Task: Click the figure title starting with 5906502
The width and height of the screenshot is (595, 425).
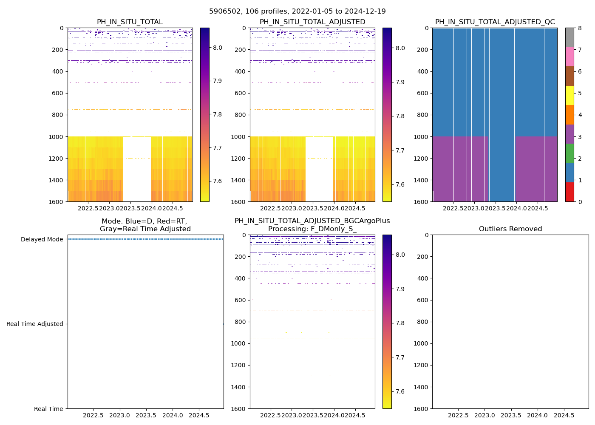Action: (x=297, y=11)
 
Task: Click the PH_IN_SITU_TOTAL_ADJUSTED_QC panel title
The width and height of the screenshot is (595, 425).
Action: (x=495, y=22)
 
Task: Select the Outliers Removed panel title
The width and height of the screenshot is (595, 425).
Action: (x=510, y=229)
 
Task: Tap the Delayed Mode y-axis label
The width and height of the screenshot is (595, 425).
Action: (x=42, y=239)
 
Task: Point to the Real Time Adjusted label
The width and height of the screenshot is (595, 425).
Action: (x=35, y=324)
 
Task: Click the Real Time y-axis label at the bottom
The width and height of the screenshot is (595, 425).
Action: (x=48, y=409)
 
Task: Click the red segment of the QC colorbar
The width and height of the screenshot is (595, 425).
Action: (x=569, y=192)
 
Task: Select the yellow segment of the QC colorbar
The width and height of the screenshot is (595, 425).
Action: (x=569, y=95)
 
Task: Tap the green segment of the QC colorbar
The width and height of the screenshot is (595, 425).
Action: (x=569, y=153)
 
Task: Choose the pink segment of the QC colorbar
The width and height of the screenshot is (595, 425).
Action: (x=569, y=57)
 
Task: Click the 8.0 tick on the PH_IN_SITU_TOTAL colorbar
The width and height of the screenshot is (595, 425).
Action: (x=218, y=48)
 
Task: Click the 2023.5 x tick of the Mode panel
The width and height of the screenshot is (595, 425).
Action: (x=146, y=415)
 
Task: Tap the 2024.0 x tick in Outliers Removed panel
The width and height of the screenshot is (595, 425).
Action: (x=537, y=415)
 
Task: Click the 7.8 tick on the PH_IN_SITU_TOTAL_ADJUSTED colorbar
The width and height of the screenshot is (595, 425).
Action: (x=400, y=116)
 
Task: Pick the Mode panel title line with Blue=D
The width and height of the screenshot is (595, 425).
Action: (x=144, y=221)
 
